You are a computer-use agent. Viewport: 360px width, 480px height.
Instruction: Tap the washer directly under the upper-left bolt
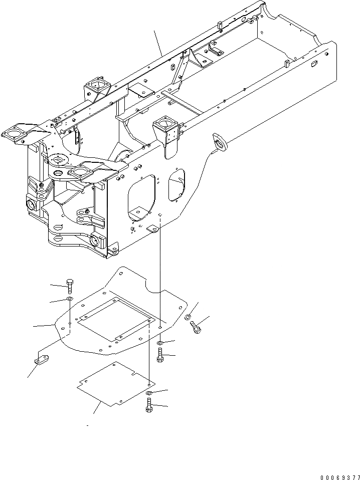(x=69, y=300)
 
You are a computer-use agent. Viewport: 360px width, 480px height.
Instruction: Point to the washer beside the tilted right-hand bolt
(x=187, y=316)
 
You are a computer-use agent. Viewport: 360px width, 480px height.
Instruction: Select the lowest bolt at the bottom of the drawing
(x=149, y=405)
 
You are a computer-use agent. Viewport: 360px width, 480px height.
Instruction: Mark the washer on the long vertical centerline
(x=159, y=343)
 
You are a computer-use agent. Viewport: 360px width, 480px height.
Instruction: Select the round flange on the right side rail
(x=220, y=141)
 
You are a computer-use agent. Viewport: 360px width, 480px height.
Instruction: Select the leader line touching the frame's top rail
(x=158, y=43)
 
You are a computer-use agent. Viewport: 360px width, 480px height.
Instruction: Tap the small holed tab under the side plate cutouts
(x=153, y=228)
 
